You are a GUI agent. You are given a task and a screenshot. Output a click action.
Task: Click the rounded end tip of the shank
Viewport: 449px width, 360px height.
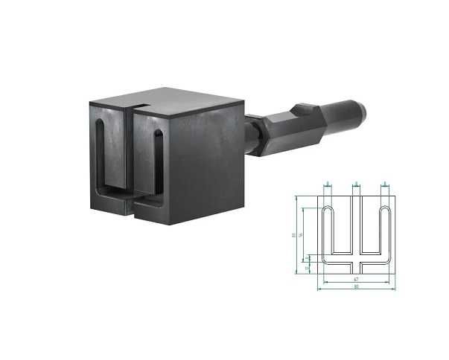pyautogui.click(x=363, y=113)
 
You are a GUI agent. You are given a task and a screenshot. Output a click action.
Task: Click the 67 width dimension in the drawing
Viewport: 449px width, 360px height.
pyautogui.click(x=356, y=279)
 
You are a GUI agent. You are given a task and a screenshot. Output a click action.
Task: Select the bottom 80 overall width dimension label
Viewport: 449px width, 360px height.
pyautogui.click(x=356, y=286)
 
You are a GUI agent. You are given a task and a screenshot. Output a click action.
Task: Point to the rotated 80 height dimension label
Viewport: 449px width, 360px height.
pyautogui.click(x=293, y=235)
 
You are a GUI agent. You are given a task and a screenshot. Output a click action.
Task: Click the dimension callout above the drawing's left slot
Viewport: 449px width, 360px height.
pyautogui.click(x=328, y=183)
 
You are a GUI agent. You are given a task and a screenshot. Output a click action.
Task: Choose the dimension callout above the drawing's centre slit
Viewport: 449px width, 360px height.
pyautogui.click(x=356, y=183)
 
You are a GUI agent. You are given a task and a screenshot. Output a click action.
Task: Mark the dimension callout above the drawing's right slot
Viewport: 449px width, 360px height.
pyautogui.click(x=384, y=183)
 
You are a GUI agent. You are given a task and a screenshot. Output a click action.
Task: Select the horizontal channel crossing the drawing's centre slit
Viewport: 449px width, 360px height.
pyautogui.click(x=356, y=262)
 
